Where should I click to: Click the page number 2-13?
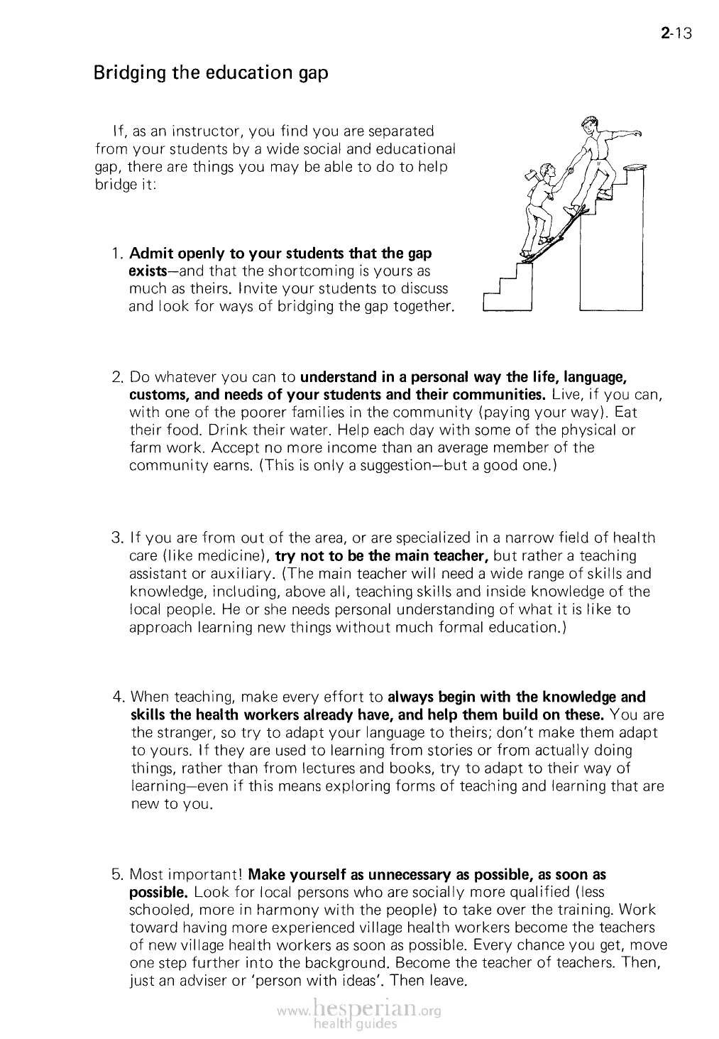pos(675,33)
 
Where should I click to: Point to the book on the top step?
pos(635,167)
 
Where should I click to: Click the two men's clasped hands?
pos(568,172)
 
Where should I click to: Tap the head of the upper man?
pos(589,126)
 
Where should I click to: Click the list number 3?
pos(118,538)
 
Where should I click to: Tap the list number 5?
pos(118,874)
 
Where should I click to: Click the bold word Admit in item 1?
pos(150,254)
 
